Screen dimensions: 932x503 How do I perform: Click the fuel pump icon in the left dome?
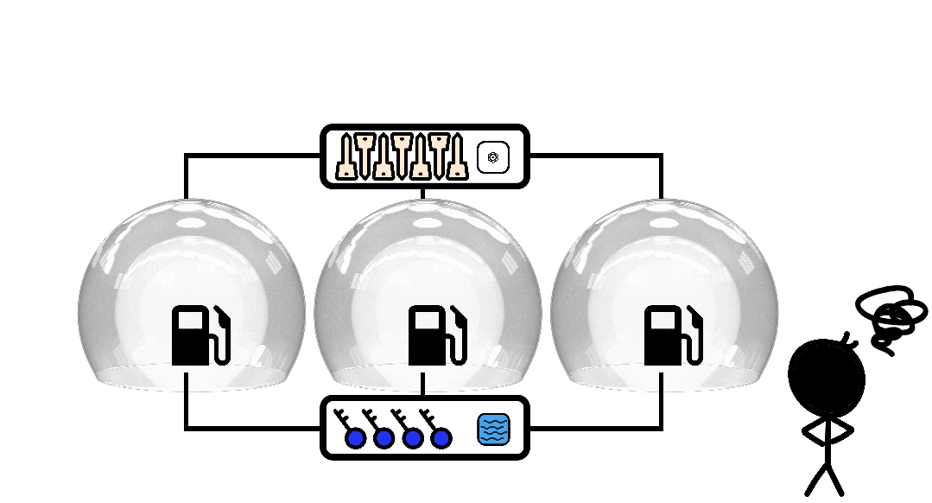(200, 335)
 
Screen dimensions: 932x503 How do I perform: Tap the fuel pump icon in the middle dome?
(437, 335)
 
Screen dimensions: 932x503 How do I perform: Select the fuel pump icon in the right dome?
(673, 335)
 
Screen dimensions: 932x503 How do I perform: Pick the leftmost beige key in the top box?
(346, 157)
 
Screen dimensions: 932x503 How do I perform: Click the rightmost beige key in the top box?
(459, 157)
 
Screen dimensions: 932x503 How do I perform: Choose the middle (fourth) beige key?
(402, 157)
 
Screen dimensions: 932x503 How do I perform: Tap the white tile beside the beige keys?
(493, 157)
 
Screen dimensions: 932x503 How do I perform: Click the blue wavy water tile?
(493, 430)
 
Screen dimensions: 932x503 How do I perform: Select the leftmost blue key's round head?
(355, 438)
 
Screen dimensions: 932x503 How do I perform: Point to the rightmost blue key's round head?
(441, 438)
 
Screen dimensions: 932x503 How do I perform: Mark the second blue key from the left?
(384, 438)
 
